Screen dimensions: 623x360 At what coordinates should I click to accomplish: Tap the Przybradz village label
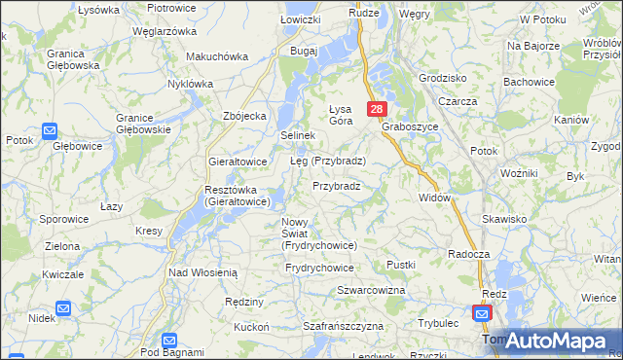(x=337, y=186)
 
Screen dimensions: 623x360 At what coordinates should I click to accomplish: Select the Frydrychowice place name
(x=319, y=267)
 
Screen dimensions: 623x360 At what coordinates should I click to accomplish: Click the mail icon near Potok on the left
(x=50, y=130)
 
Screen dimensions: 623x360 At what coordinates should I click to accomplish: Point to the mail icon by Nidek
(x=62, y=308)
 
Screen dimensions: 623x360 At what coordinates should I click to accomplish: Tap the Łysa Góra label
(x=341, y=114)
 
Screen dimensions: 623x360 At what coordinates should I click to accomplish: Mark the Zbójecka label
(x=244, y=116)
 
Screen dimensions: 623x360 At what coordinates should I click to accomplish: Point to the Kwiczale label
(x=63, y=274)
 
